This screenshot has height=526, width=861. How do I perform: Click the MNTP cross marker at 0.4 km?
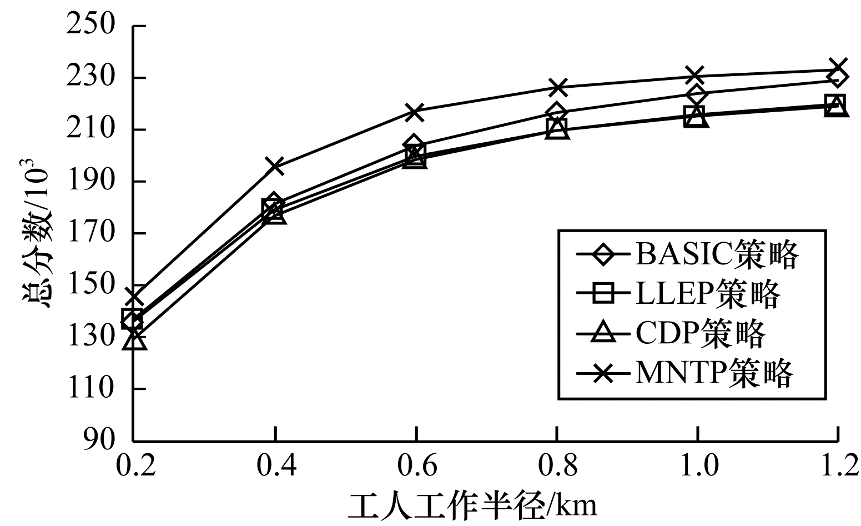point(275,166)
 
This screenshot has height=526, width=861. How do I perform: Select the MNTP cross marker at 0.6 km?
point(415,112)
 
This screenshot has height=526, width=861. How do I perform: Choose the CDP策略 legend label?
point(701,333)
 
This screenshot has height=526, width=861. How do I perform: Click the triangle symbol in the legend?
point(602,333)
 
